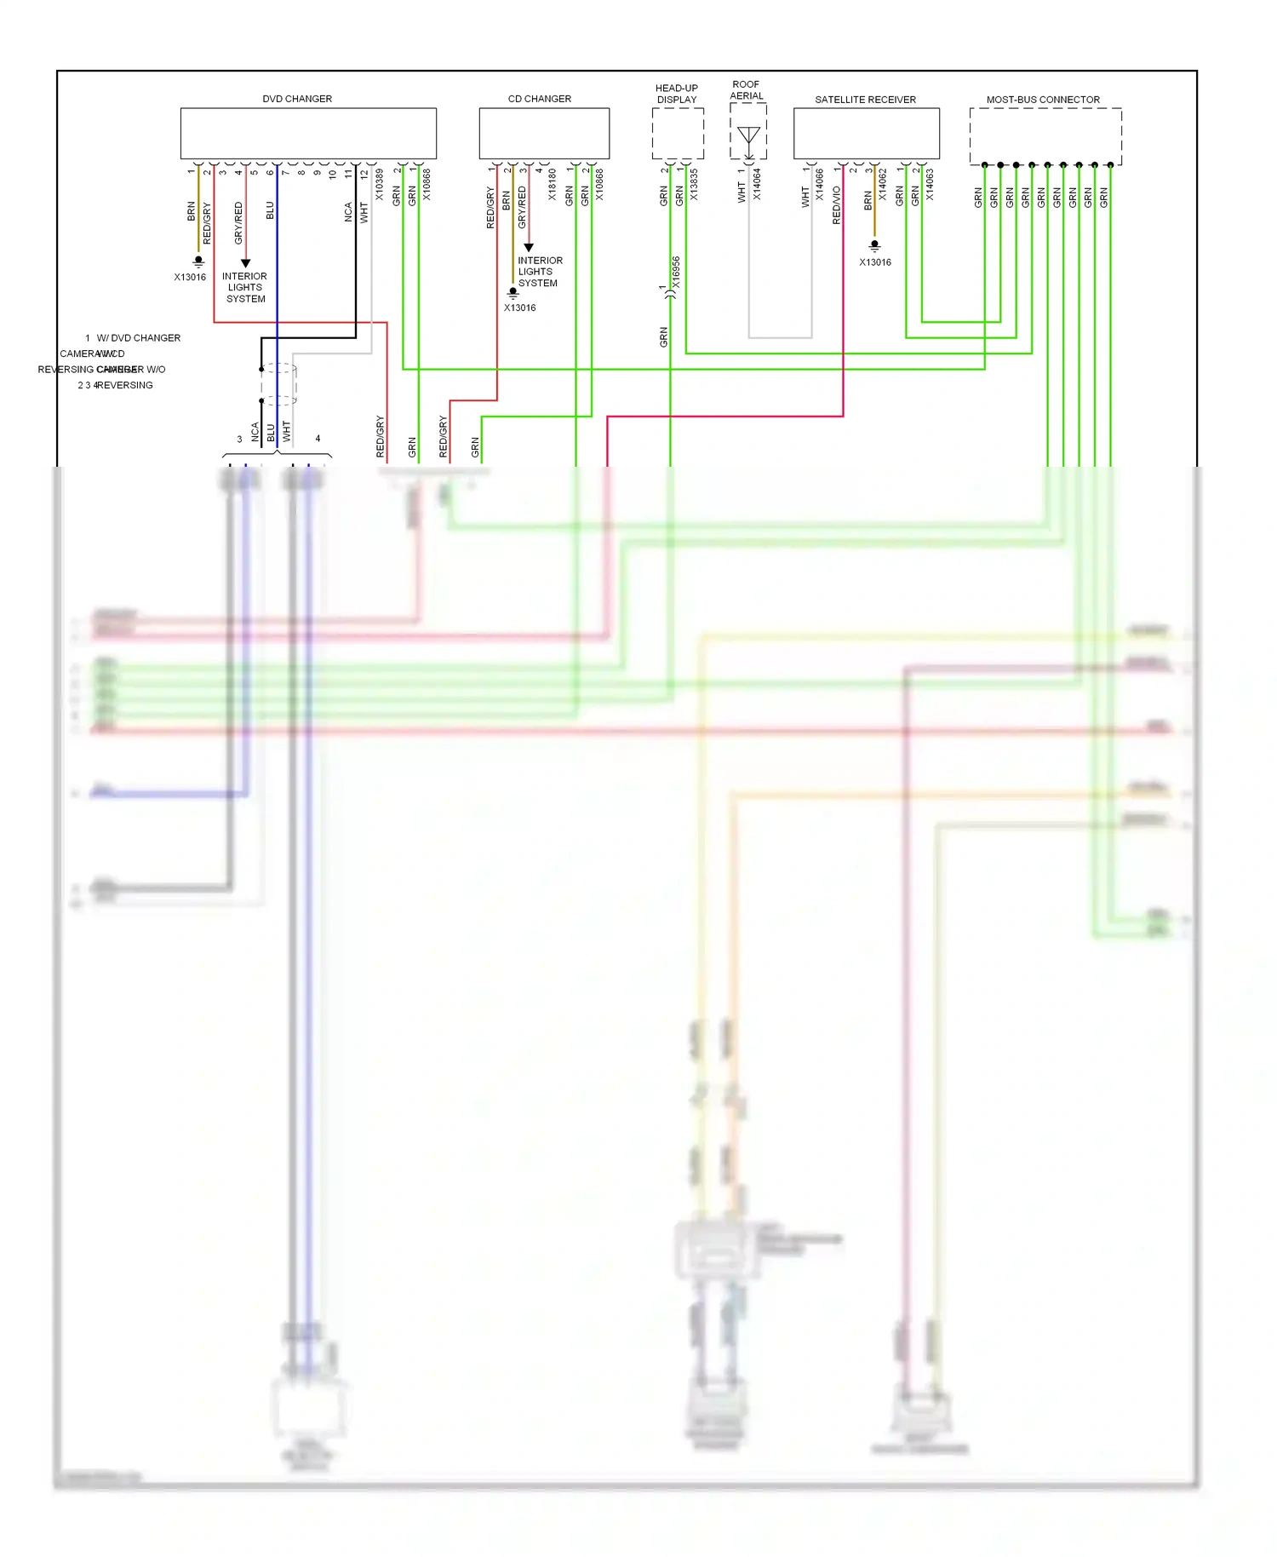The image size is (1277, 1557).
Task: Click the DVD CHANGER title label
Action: click(297, 99)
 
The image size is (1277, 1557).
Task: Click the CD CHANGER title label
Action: click(539, 99)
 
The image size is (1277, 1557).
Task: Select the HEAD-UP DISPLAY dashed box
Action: click(678, 134)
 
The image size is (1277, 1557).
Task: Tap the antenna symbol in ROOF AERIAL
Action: click(748, 136)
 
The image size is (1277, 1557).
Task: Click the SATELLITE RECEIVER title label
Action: click(865, 100)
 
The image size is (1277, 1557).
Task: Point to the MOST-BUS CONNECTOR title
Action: click(1043, 100)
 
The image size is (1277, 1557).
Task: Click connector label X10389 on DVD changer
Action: click(380, 185)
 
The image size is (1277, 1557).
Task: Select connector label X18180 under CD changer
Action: click(553, 185)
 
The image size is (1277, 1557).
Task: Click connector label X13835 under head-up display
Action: click(695, 185)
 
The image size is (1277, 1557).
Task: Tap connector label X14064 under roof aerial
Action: click(757, 185)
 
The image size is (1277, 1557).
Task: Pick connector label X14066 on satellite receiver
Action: click(820, 185)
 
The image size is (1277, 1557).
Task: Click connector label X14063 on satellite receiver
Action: click(930, 185)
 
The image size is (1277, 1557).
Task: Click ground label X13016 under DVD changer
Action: click(190, 277)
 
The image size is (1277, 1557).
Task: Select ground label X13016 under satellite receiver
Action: click(875, 262)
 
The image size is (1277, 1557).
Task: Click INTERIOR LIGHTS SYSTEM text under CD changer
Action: click(540, 272)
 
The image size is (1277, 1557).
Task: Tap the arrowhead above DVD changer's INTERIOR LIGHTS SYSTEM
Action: click(245, 263)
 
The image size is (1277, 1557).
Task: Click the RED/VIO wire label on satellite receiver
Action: click(837, 205)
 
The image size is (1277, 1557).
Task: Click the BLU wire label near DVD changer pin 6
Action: click(271, 210)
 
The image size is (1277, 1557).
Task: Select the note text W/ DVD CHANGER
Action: click(138, 338)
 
